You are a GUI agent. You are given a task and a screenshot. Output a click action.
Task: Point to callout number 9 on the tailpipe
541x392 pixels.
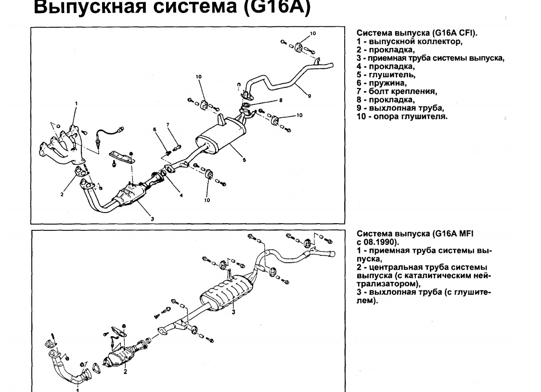[309, 96]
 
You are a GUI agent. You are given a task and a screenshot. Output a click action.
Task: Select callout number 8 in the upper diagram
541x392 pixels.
[281, 101]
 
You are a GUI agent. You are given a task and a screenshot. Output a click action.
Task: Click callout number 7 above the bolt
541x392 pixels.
[168, 125]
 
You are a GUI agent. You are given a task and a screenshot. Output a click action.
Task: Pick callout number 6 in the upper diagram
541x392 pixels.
[155, 129]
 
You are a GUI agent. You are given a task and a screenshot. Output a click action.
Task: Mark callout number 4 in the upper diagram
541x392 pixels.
[181, 196]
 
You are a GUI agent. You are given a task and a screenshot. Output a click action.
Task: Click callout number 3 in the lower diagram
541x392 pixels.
[233, 312]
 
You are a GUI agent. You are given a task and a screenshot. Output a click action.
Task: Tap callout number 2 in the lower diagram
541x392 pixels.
[125, 371]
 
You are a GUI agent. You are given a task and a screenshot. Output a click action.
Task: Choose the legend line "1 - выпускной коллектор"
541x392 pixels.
[410, 41]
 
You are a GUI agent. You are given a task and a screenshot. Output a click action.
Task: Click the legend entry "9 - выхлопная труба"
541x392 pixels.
[400, 108]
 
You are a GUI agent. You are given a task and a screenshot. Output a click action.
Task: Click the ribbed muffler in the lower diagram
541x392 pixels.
[224, 291]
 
